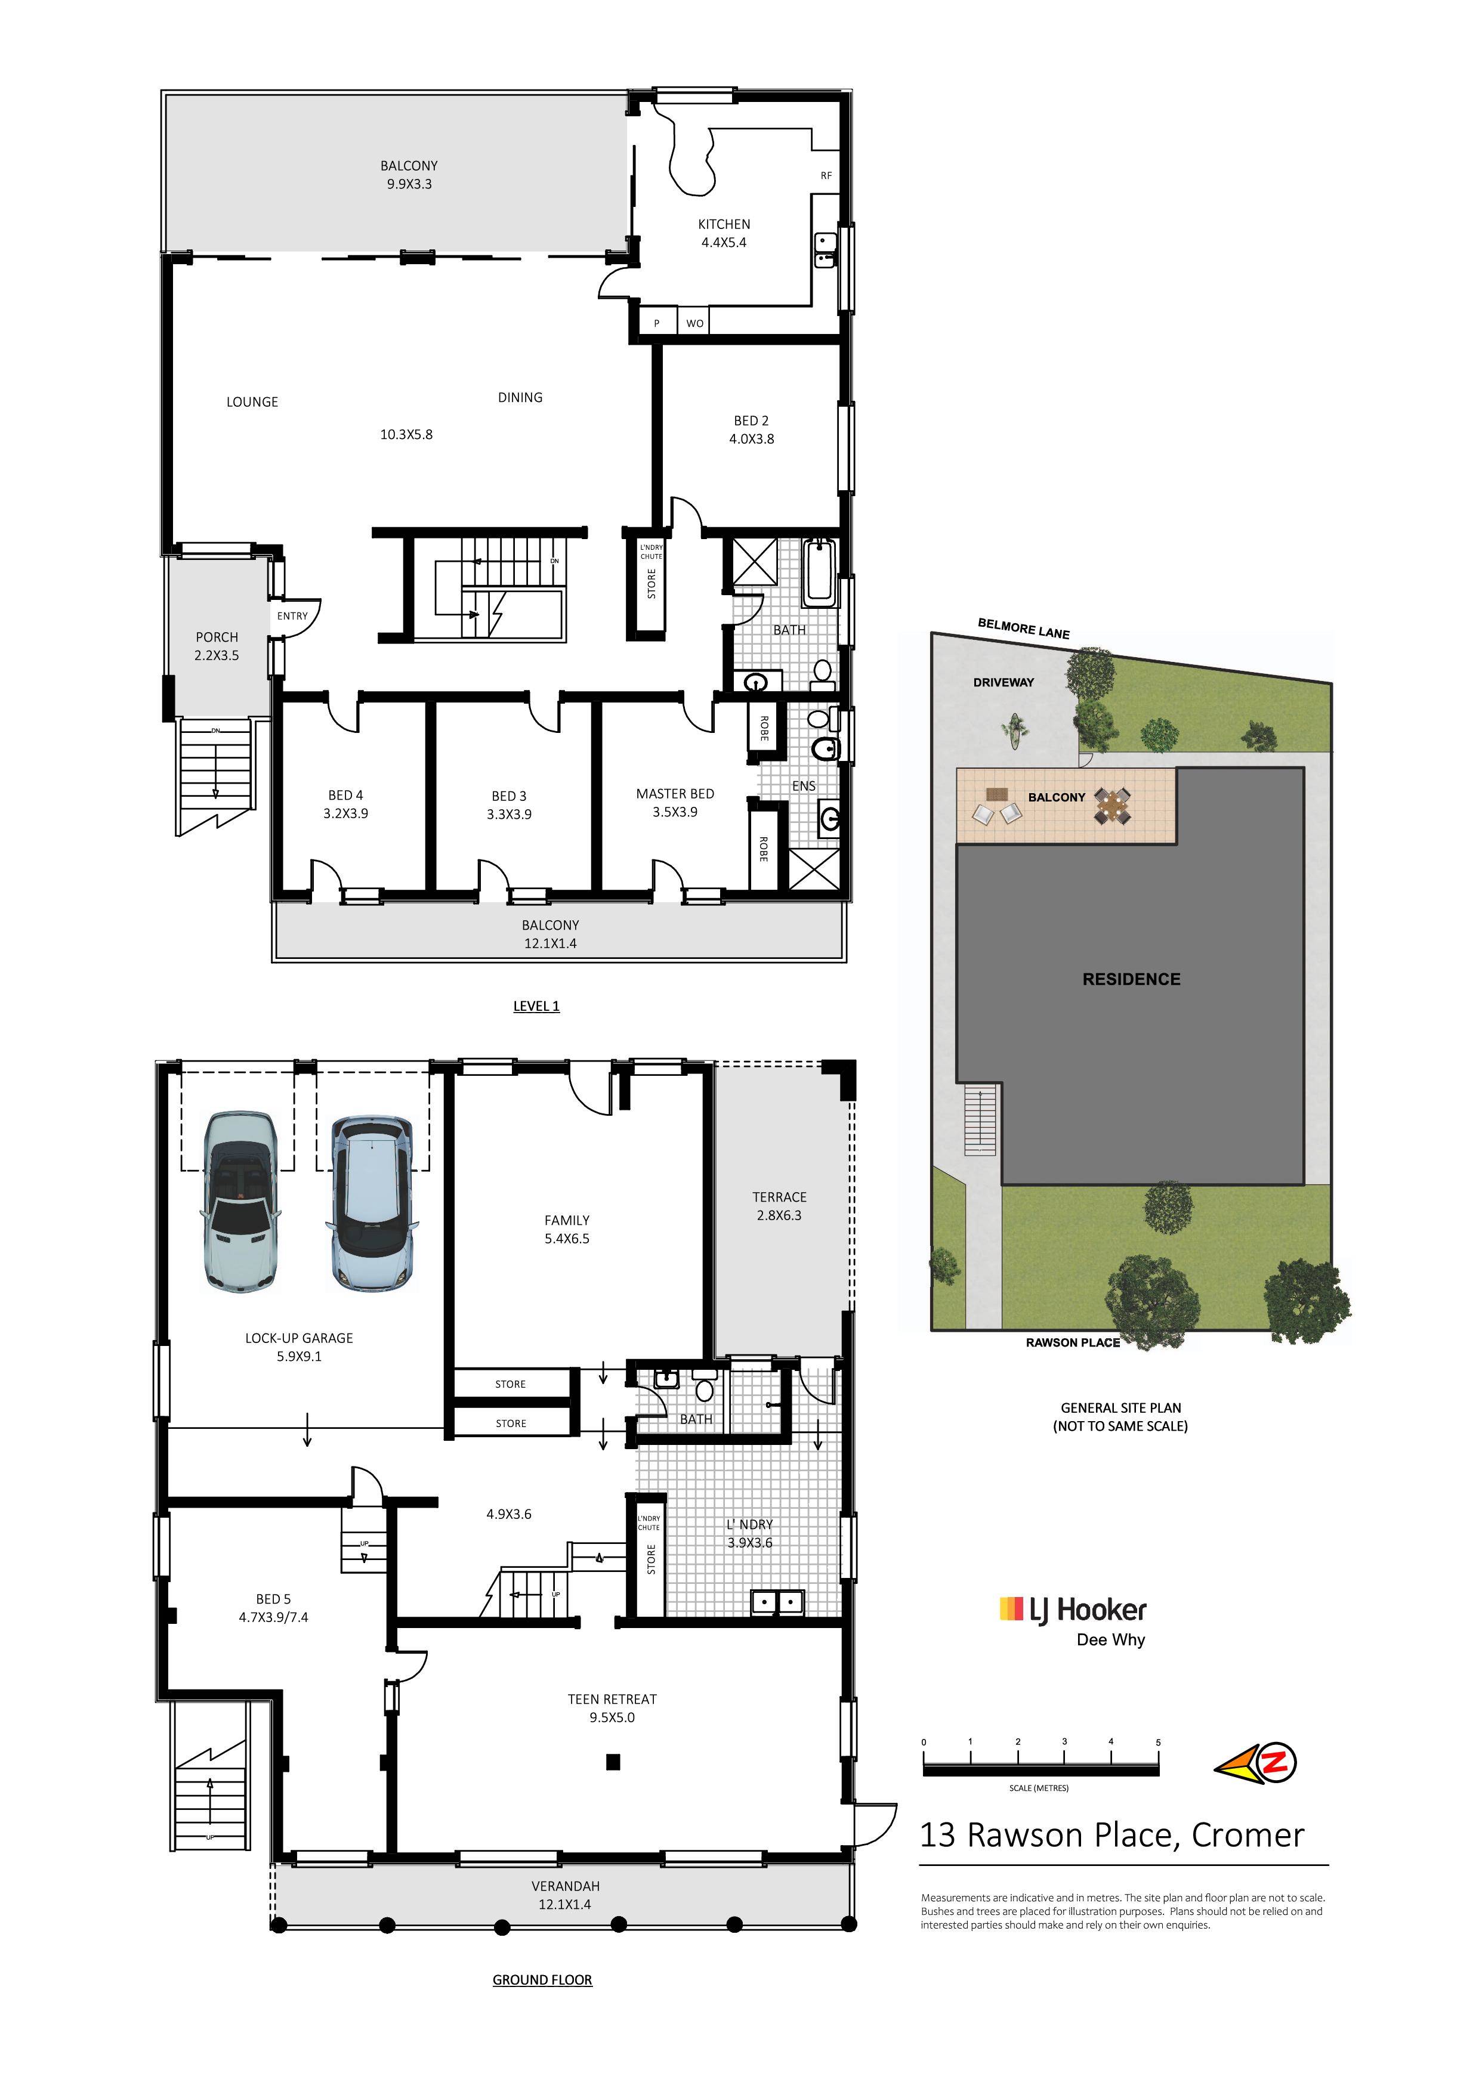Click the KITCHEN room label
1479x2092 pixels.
click(x=724, y=224)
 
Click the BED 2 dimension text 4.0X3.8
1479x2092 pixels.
click(x=751, y=438)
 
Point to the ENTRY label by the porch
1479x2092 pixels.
click(x=292, y=616)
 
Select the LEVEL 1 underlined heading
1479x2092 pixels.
click(x=536, y=1006)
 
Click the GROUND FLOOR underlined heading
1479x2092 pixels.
click(x=542, y=1979)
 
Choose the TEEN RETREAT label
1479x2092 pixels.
click(x=612, y=1698)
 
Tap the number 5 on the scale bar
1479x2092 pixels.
click(x=1158, y=1742)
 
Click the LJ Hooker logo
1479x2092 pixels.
click(x=1073, y=1610)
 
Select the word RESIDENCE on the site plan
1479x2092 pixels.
click(x=1131, y=979)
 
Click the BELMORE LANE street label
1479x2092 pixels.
click(x=1023, y=629)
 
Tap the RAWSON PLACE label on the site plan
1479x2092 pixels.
click(x=1073, y=1342)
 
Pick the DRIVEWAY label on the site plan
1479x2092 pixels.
click(x=1004, y=682)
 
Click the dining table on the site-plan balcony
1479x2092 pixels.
click(x=1113, y=806)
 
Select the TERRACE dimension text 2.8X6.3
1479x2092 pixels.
click(x=779, y=1215)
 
